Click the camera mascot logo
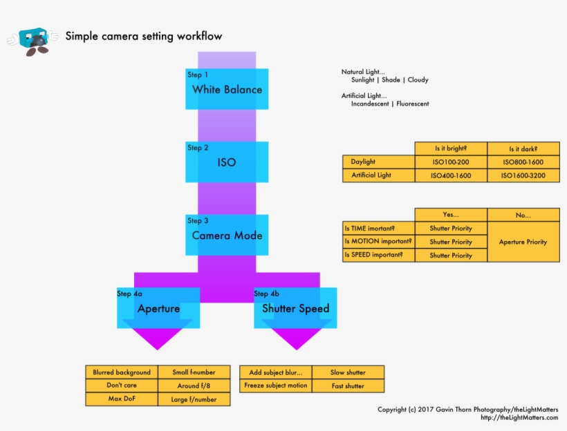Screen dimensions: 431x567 click(32, 41)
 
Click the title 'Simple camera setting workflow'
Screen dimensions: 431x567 click(144, 36)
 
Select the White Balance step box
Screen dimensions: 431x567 click(227, 89)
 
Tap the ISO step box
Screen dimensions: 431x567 click(227, 162)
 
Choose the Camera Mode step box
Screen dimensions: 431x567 click(227, 235)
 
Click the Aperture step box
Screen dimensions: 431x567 click(158, 308)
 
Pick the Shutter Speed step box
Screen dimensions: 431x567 click(295, 308)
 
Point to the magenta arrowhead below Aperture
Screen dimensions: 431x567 click(158, 338)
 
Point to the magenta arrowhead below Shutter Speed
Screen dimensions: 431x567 click(295, 338)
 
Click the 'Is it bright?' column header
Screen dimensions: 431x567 click(451, 149)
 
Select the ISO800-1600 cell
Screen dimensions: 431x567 click(523, 162)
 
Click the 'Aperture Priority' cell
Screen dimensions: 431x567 click(523, 242)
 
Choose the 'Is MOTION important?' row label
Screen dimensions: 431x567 click(378, 242)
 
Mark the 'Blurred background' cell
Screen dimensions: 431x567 click(122, 372)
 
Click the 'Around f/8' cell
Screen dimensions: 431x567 click(194, 385)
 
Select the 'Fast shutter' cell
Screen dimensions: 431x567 click(347, 386)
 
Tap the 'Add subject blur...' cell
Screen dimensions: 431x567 click(275, 372)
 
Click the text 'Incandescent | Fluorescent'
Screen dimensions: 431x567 click(389, 104)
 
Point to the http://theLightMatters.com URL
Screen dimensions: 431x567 click(519, 418)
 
